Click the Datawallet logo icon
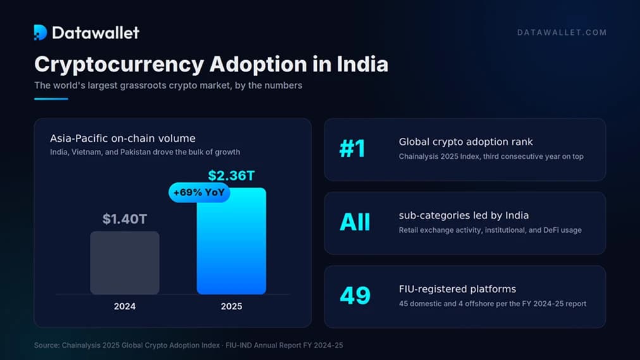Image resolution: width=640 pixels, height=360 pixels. (x=40, y=32)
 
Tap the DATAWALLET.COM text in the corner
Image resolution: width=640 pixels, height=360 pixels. (x=562, y=33)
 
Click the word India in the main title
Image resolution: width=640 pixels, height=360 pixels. (x=362, y=64)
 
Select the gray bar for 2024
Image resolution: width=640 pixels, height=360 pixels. (x=125, y=263)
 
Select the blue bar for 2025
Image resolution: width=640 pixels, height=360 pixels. (x=231, y=241)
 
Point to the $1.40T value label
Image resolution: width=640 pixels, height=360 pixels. (x=125, y=219)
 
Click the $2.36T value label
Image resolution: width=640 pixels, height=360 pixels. (x=231, y=175)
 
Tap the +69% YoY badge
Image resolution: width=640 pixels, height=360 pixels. (x=199, y=192)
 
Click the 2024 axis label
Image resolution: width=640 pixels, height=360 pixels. (x=125, y=306)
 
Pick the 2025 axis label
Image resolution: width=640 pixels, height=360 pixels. (x=231, y=306)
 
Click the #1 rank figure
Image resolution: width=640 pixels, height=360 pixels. (x=352, y=149)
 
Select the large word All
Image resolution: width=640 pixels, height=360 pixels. (x=355, y=223)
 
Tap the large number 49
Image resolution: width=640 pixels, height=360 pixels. (x=355, y=296)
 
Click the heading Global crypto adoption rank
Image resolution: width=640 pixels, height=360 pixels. (x=465, y=142)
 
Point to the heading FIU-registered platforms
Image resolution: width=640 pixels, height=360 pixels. (x=458, y=289)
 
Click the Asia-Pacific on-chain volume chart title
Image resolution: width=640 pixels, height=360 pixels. (x=123, y=138)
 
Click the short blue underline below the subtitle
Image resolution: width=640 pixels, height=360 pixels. (x=51, y=99)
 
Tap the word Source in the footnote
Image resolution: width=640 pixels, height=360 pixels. (x=46, y=345)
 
